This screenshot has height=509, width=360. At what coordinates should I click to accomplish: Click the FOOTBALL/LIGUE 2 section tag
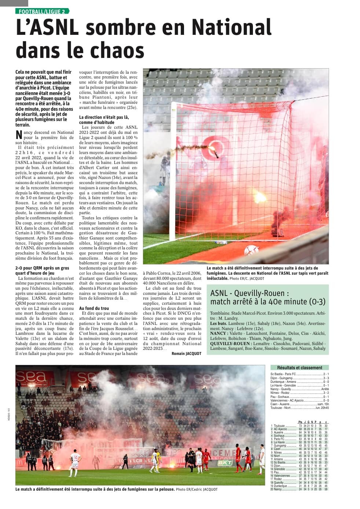click(x=42, y=11)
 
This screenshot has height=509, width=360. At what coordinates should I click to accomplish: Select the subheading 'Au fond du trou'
click(x=94, y=308)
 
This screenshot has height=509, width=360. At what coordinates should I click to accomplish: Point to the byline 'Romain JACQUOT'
click(x=186, y=354)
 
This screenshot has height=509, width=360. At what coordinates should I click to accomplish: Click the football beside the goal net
click(x=251, y=250)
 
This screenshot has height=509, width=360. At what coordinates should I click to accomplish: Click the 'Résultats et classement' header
click(x=300, y=367)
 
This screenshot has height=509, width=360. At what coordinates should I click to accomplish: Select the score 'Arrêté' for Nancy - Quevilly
click(x=325, y=389)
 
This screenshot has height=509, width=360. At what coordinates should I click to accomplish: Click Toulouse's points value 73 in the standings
click(x=300, y=426)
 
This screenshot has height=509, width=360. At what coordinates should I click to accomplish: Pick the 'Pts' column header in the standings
click(x=300, y=422)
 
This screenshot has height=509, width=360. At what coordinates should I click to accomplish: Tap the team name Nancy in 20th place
click(x=278, y=489)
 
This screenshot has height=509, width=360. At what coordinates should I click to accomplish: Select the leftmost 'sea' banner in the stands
click(x=31, y=376)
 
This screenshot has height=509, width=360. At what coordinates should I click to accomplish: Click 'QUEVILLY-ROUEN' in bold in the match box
click(x=230, y=343)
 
